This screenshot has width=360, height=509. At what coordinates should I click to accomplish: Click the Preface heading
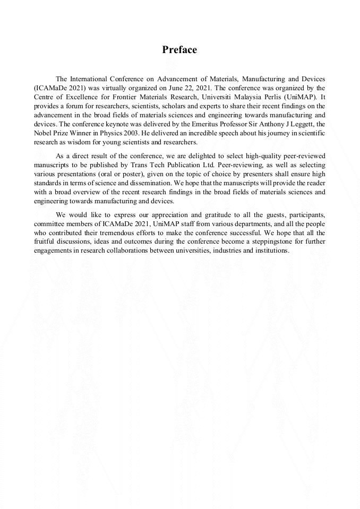click(x=179, y=50)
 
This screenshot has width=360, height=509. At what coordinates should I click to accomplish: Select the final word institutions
click(x=271, y=251)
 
